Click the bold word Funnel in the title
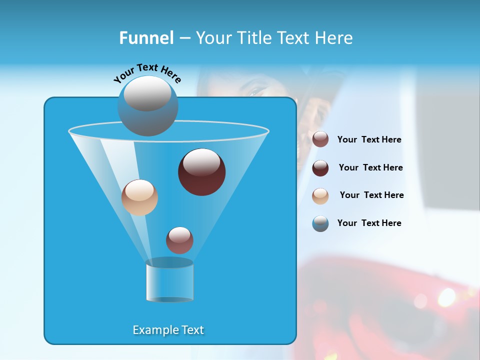tap(146, 38)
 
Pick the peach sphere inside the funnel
tap(139, 198)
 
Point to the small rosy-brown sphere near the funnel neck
tap(179, 240)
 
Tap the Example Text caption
tap(168, 330)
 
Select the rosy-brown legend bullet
tap(320, 139)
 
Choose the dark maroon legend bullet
tap(320, 168)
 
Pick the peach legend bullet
tap(320, 196)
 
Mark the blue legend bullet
tap(320, 223)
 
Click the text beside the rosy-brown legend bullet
tap(369, 140)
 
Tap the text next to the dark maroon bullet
tap(370, 168)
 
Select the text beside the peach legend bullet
tap(371, 195)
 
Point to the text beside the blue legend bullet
tap(369, 223)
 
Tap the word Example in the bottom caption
tap(155, 330)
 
